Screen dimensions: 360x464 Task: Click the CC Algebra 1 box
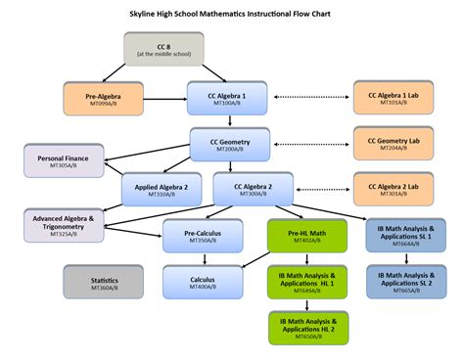(227, 98)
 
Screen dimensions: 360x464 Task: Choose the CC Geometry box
(227, 143)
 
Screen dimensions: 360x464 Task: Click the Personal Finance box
(64, 160)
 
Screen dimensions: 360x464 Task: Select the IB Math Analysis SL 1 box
(404, 235)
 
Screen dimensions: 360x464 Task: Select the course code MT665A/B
(404, 291)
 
